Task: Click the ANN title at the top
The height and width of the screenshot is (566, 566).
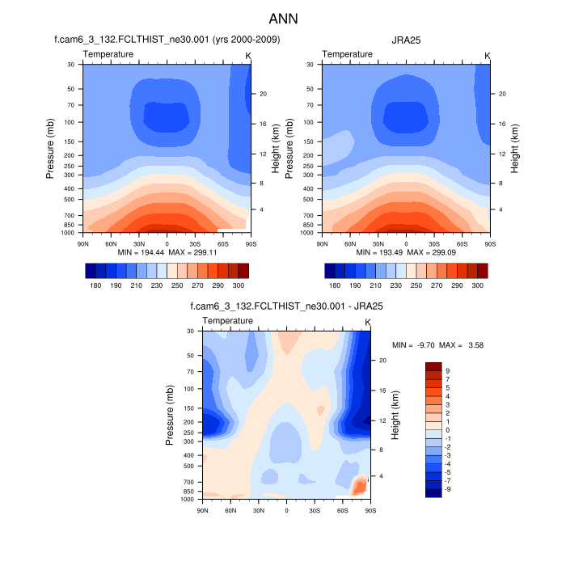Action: point(283,18)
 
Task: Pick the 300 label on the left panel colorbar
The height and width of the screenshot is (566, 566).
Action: point(239,285)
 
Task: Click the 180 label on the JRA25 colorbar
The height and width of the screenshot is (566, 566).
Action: point(335,285)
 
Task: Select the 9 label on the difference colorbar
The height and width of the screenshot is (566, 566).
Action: point(448,371)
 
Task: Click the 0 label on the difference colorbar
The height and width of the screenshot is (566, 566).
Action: point(448,430)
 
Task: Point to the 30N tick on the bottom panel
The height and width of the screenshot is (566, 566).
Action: point(258,511)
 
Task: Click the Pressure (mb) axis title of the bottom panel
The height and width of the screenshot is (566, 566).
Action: point(171,415)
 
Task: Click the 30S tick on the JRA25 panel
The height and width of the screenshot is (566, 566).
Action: point(435,243)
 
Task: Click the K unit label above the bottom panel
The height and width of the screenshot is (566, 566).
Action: point(368,323)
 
